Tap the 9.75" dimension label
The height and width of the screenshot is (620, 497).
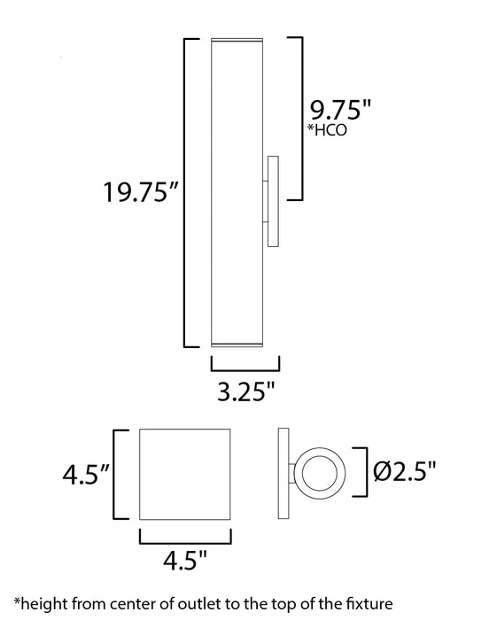338,112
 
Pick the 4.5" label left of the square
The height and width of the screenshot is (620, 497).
86,475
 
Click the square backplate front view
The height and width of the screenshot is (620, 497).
185,475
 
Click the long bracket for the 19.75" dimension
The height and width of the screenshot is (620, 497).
184,192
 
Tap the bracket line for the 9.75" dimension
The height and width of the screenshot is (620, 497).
303,119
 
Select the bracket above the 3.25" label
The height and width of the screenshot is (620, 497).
246,367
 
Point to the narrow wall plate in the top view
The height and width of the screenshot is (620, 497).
283,474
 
